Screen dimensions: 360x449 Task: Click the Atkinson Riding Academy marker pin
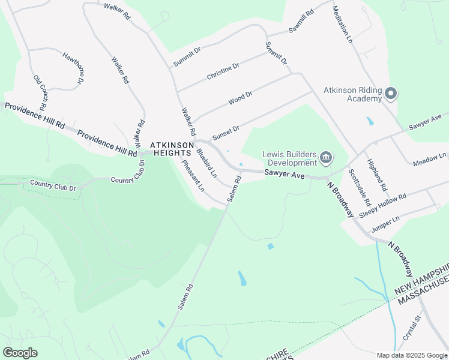[x=391, y=94]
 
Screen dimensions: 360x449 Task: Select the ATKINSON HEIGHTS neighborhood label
[x=172, y=149]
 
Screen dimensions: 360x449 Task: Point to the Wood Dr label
[x=240, y=98]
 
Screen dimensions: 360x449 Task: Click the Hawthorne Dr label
[x=73, y=67]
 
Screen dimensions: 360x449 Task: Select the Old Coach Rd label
[x=40, y=92]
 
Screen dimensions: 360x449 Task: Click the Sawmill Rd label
[x=301, y=21]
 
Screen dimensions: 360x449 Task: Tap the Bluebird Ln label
[x=206, y=163]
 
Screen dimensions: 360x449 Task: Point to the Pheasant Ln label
[x=193, y=175]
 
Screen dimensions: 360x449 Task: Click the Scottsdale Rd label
[x=359, y=187]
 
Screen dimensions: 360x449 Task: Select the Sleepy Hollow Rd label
[x=383, y=205]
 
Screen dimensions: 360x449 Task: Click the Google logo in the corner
[x=20, y=352]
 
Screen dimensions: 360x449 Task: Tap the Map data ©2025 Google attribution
[x=412, y=355]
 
